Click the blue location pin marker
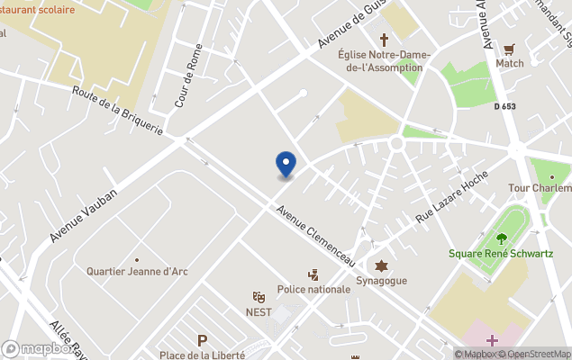pos(286,164)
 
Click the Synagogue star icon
pos(382,266)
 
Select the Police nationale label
pos(313,289)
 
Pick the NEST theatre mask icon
pos(259,296)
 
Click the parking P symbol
pos(203,341)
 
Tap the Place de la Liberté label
pos(202,355)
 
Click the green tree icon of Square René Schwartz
pos(502,238)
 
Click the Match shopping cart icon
pos(510,49)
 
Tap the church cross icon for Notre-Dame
pos(385,40)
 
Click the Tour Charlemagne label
pos(540,188)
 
